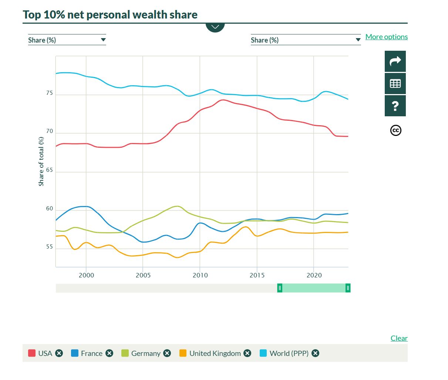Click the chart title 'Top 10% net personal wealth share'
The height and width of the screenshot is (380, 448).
[110, 15]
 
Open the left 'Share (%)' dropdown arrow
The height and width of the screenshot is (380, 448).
[103, 40]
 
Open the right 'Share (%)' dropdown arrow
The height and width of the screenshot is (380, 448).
[358, 40]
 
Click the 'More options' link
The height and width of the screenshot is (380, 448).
[386, 37]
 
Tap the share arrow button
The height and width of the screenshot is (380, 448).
[395, 61]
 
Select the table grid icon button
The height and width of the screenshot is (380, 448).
[395, 84]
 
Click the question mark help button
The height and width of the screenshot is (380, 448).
[395, 106]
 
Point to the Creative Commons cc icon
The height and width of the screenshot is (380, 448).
[395, 130]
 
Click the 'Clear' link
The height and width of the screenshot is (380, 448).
[399, 338]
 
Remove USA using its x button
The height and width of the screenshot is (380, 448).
[59, 353]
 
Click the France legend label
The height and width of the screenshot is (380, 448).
[91, 353]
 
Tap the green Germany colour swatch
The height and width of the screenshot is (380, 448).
[125, 353]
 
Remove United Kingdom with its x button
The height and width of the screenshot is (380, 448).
[247, 353]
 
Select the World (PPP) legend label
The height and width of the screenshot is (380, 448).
[289, 353]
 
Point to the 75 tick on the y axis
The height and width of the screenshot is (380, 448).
[50, 93]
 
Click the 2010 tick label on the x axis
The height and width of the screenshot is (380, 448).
[200, 275]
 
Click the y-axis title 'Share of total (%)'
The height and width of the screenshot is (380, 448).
[41, 161]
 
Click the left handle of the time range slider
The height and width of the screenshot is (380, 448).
[280, 288]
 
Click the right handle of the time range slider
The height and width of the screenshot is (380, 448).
[348, 288]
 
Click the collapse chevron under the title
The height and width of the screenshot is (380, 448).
[215, 27]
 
